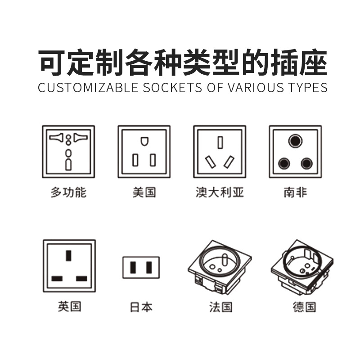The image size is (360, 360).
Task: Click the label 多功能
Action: click(68, 193)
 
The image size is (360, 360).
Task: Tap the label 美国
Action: click(144, 193)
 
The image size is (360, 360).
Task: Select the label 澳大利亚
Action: click(220, 193)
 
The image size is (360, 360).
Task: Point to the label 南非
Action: click(295, 193)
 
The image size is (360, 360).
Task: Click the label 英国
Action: click(69, 307)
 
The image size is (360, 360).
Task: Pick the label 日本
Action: click(141, 307)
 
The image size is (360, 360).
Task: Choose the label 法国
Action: click(220, 307)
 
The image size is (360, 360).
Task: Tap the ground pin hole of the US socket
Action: click(144, 141)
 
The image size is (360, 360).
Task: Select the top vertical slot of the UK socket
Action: click(68, 256)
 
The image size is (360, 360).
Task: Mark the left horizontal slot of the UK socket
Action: click(57, 279)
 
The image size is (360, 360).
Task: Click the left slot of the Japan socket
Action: click(134, 267)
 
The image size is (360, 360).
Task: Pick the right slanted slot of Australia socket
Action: click(229, 162)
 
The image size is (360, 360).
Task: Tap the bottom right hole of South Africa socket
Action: click(307, 163)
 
